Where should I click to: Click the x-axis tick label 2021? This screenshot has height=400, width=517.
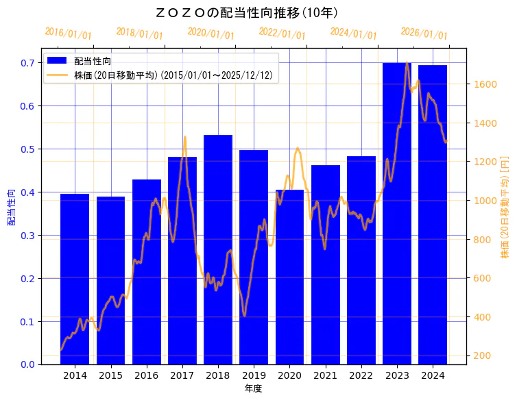(325, 375)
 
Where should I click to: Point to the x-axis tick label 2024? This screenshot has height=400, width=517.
(433, 375)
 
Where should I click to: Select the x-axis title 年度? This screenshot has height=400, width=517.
(253, 388)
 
